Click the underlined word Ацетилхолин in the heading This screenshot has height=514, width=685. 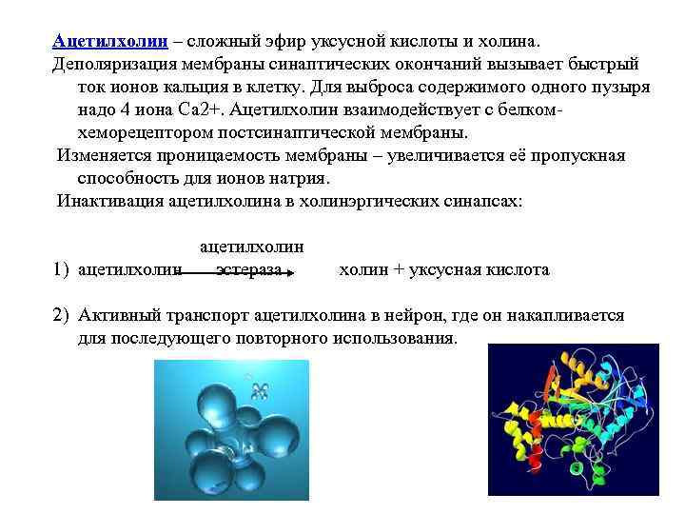[x=110, y=42]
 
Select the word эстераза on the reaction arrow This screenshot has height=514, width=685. [x=248, y=270]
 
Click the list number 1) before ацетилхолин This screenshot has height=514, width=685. [x=62, y=270]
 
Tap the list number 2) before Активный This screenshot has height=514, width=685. [x=62, y=315]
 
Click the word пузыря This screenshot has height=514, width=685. [x=624, y=87]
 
